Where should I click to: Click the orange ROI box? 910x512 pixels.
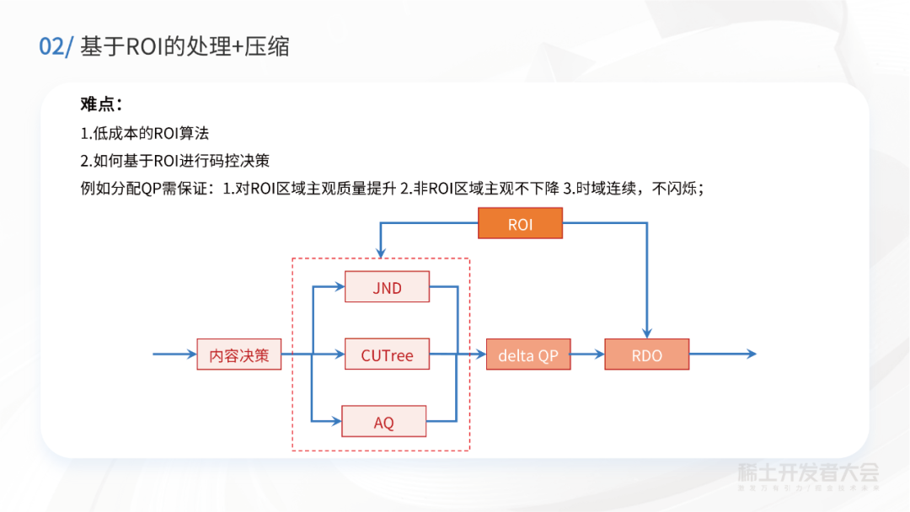(521, 224)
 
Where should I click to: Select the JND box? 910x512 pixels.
(388, 287)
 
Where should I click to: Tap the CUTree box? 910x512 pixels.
(388, 355)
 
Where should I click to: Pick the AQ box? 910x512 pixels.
(384, 422)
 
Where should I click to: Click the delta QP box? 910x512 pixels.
(528, 355)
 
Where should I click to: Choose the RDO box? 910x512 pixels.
(647, 355)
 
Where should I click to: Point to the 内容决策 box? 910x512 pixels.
(239, 355)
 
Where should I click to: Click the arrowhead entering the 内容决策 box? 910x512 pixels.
(191, 355)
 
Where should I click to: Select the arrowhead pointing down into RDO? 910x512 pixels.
(647, 333)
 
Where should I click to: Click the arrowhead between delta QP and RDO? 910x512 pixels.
(599, 355)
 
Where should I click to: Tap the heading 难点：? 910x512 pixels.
(102, 104)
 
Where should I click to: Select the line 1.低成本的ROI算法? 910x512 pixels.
(144, 133)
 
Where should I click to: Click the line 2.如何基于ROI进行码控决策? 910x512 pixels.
(174, 161)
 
